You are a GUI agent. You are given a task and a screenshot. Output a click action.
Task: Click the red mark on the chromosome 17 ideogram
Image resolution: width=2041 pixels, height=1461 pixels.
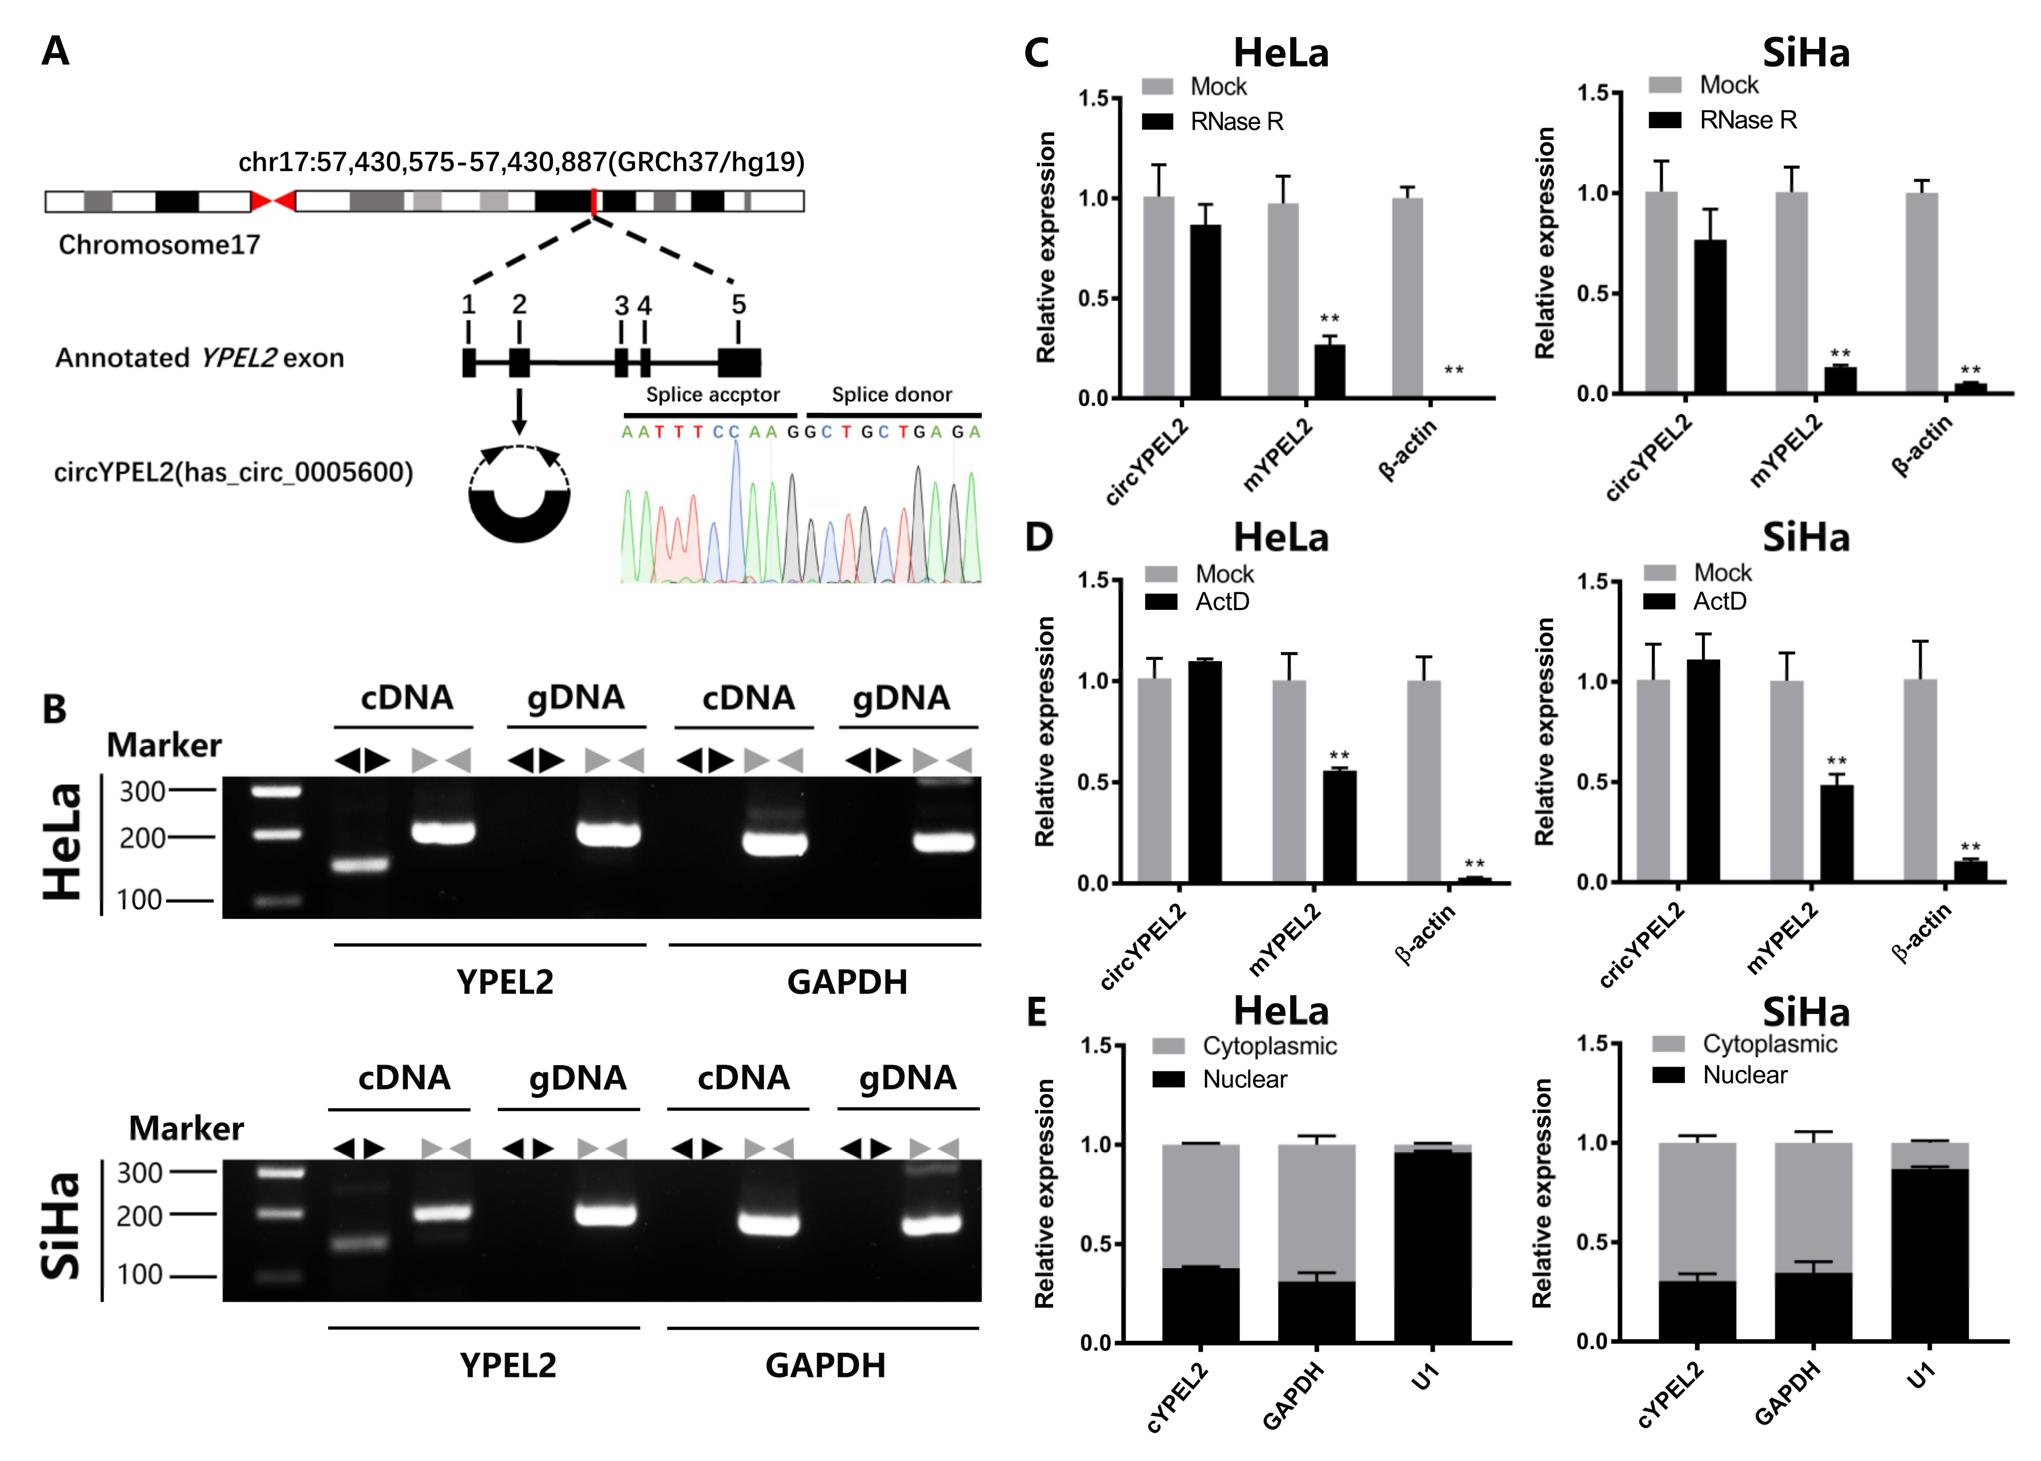594,201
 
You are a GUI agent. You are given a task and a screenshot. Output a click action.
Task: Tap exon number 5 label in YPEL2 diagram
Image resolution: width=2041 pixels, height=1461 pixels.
738,305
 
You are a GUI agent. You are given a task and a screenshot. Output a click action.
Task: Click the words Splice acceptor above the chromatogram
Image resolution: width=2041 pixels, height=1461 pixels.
712,395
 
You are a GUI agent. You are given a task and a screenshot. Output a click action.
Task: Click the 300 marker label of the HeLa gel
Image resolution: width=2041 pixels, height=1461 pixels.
142,792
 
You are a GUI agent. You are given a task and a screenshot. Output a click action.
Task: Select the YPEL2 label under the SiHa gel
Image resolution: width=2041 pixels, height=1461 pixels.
507,1365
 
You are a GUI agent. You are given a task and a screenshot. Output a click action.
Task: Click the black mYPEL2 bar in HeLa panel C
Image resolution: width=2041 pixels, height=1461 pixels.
1329,370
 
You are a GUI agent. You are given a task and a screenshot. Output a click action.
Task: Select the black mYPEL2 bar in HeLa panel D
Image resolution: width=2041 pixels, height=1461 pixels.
1338,826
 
